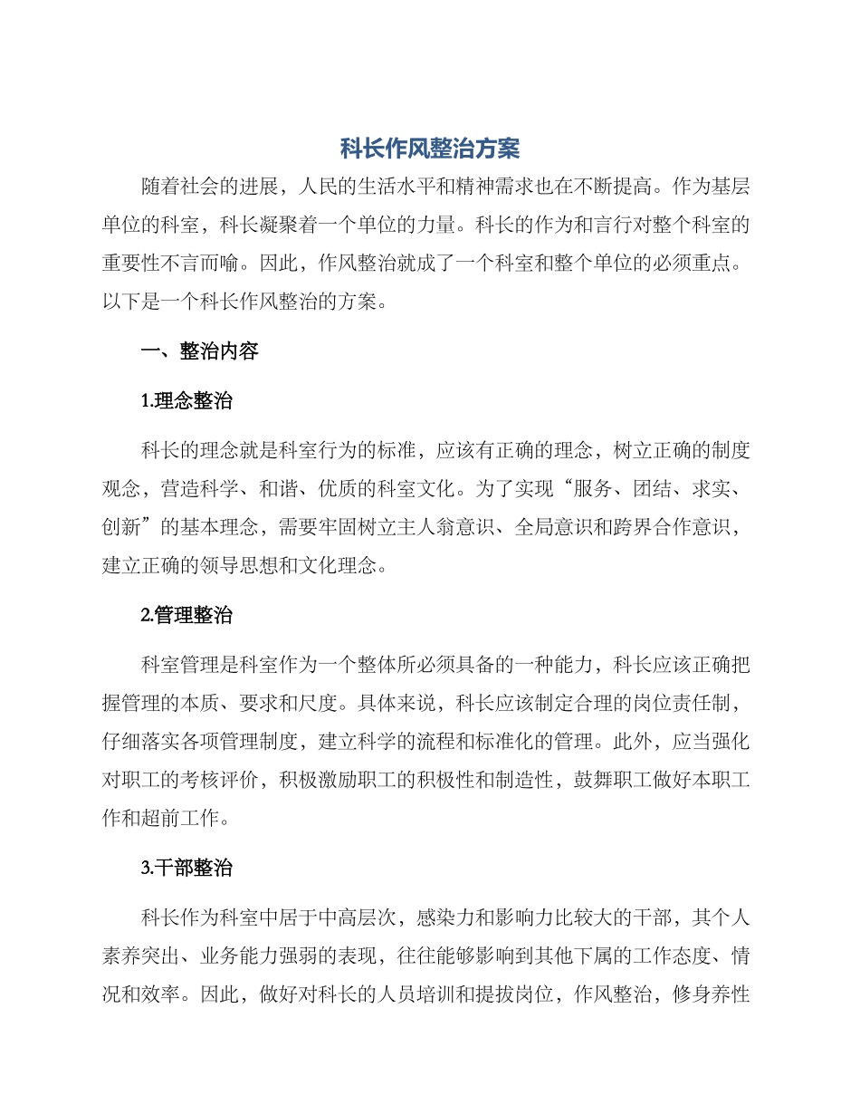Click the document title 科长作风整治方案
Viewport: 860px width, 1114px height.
[430, 149]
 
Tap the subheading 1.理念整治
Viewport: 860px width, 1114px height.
[187, 401]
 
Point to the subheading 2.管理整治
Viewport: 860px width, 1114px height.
[187, 616]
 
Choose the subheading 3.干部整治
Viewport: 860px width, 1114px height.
[187, 868]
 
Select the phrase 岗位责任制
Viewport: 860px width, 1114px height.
[689, 704]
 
